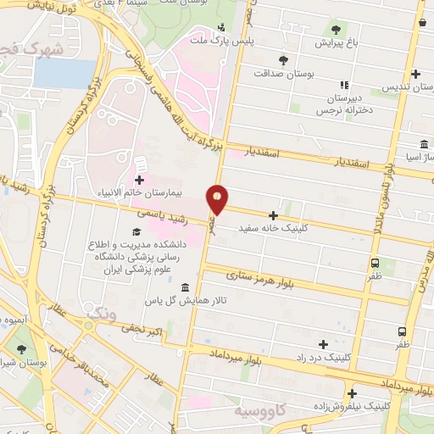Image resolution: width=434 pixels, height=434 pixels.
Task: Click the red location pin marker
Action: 217,199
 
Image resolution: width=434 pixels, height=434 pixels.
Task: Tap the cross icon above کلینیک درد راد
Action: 322,344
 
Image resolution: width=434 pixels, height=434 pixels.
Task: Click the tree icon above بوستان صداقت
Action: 282,59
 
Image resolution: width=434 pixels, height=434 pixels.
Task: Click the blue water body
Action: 64,75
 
